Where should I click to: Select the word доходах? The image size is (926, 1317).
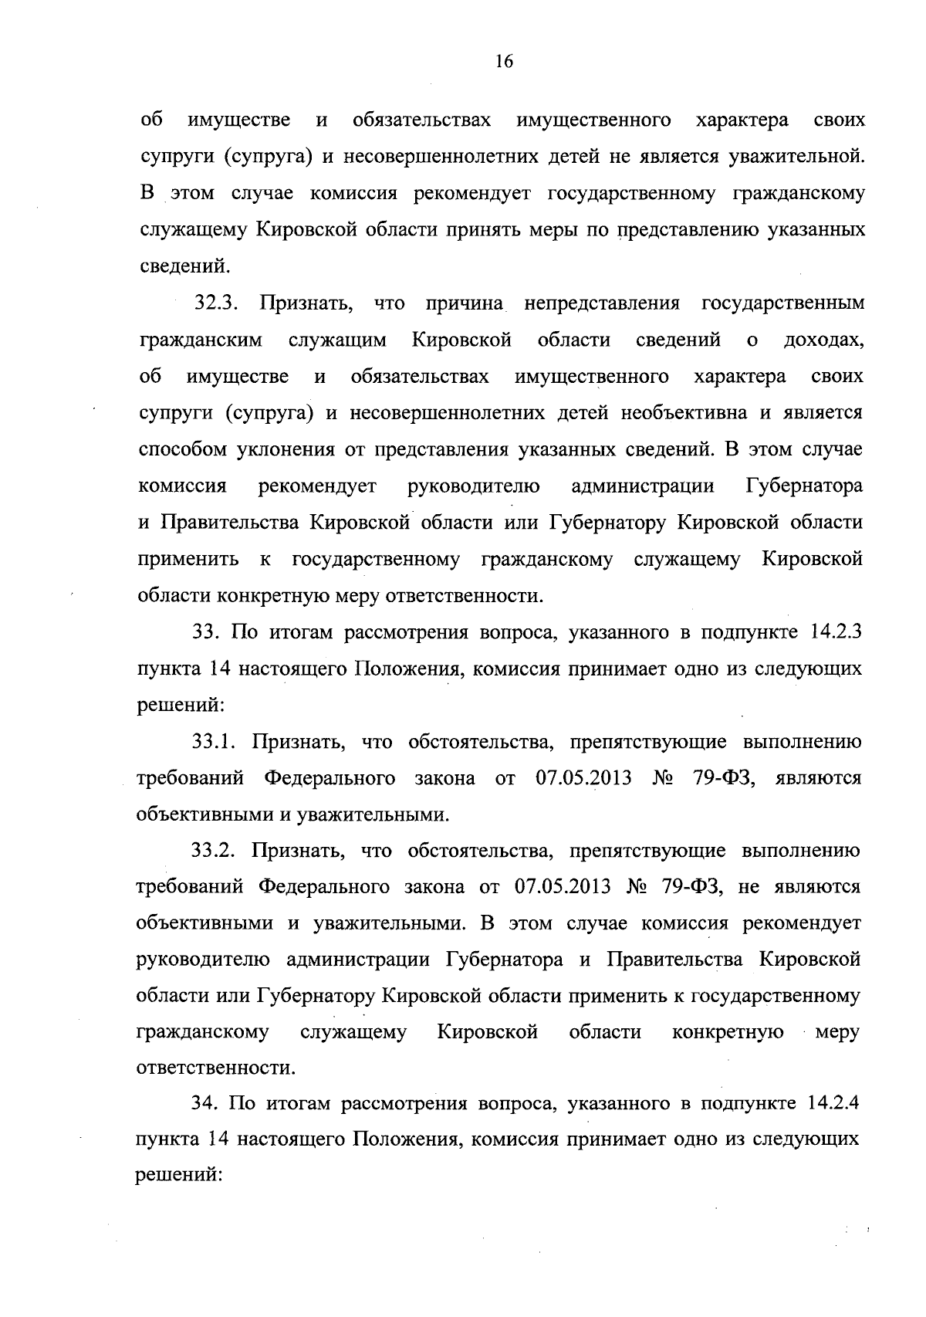point(823,340)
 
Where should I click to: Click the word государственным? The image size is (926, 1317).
point(782,303)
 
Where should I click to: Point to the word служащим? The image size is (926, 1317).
point(337,340)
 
